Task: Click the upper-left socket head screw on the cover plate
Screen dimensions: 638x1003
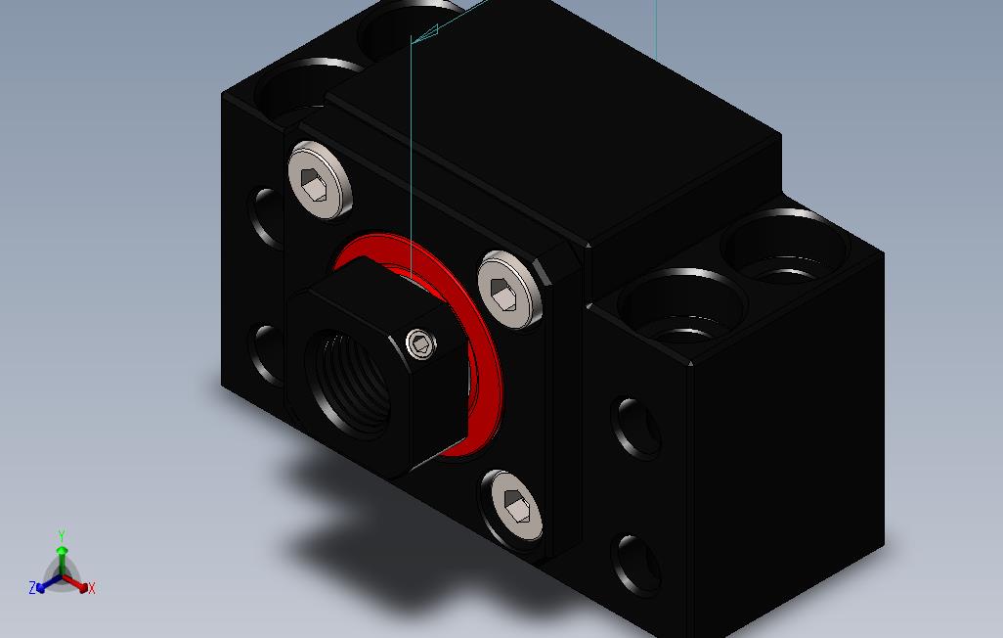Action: pyautogui.click(x=319, y=179)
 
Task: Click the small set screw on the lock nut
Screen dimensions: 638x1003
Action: pyautogui.click(x=420, y=342)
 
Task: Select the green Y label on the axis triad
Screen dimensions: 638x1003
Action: pyautogui.click(x=61, y=536)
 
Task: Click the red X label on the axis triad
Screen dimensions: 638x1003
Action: pyautogui.click(x=92, y=588)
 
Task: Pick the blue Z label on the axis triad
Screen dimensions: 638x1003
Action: pyautogui.click(x=32, y=588)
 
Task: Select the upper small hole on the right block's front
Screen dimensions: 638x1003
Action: pyautogui.click(x=637, y=429)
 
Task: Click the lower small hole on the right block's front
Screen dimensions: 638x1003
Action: pyautogui.click(x=637, y=566)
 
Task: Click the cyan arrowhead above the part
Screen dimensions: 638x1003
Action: pyautogui.click(x=424, y=36)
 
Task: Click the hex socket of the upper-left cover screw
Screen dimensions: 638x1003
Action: pyautogui.click(x=315, y=183)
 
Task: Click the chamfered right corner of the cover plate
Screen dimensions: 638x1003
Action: pyautogui.click(x=560, y=263)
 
